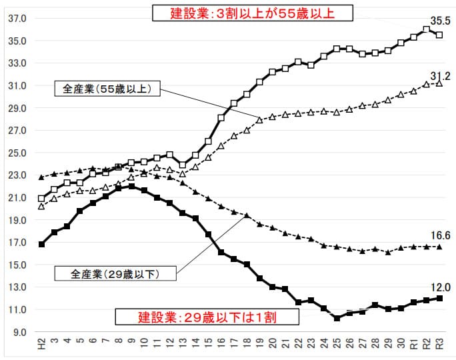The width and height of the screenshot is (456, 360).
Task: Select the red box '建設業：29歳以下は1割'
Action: [x=197, y=316]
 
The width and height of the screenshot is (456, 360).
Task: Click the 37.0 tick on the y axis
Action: [x=17, y=19]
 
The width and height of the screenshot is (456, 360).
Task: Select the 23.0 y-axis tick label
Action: [x=17, y=175]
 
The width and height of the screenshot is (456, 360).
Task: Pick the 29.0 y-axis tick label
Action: [x=17, y=108]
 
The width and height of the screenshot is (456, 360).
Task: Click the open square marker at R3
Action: [x=439, y=35]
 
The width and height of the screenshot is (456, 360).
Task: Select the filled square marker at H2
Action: [x=41, y=244]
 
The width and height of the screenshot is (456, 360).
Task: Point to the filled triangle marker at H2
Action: [x=41, y=177]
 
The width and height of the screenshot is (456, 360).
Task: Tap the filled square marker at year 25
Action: [x=337, y=318]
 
